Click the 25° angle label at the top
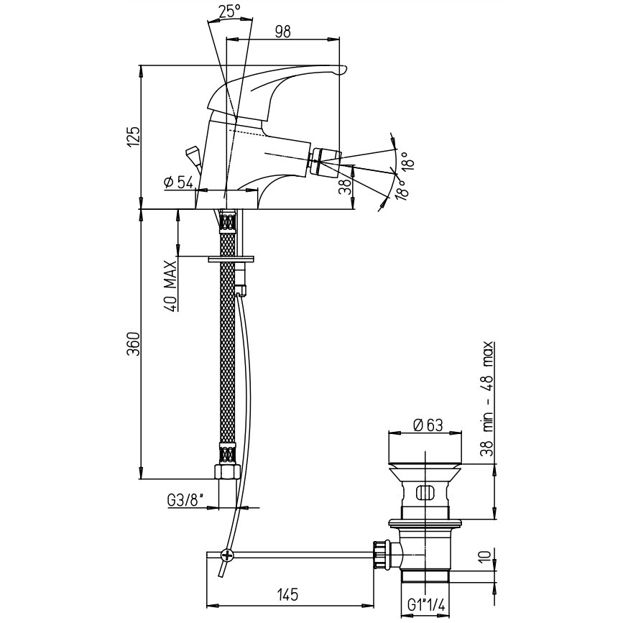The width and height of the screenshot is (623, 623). tap(230, 11)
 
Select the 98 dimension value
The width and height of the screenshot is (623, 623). tap(283, 32)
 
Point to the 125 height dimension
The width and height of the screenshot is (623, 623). tap(134, 137)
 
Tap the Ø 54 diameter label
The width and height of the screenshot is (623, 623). tap(178, 183)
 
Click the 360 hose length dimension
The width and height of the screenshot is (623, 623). tap(134, 343)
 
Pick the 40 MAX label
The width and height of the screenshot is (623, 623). tap(170, 286)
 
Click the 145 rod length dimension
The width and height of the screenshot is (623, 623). tap(287, 595)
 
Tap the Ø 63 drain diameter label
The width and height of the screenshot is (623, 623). tap(428, 425)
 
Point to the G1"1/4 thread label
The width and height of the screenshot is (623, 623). tap(426, 606)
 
